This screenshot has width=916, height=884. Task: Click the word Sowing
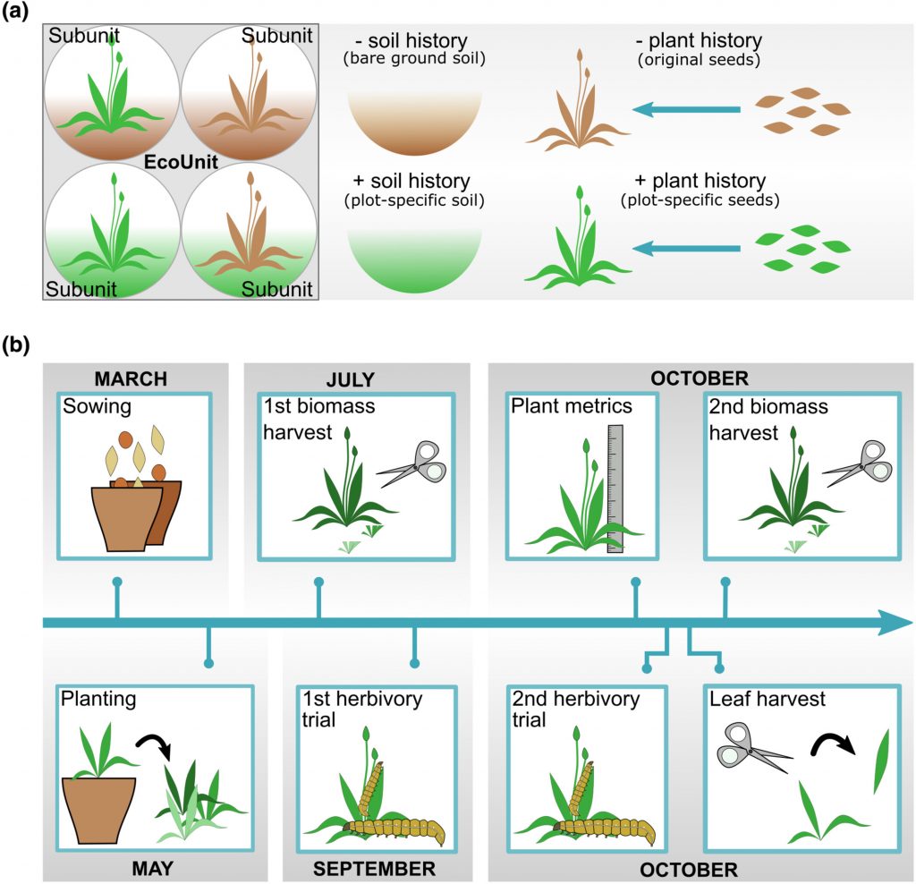pyautogui.click(x=97, y=408)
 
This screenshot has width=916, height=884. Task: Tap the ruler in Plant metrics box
pyautogui.click(x=615, y=488)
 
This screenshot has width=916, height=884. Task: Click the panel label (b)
pyautogui.click(x=20, y=344)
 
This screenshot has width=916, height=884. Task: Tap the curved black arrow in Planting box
pyautogui.click(x=154, y=745)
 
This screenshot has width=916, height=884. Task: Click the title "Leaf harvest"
pyautogui.click(x=767, y=699)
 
